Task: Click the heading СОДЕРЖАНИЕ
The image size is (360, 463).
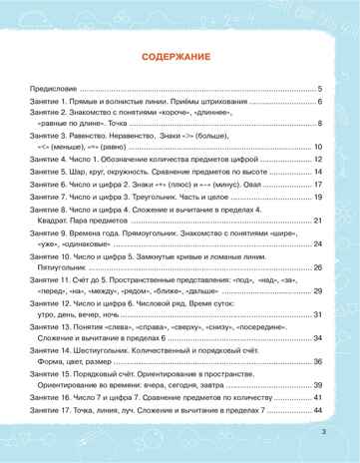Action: pos(180,57)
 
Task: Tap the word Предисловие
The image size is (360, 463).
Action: pos(54,89)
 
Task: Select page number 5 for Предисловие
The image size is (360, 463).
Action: pos(319,89)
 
